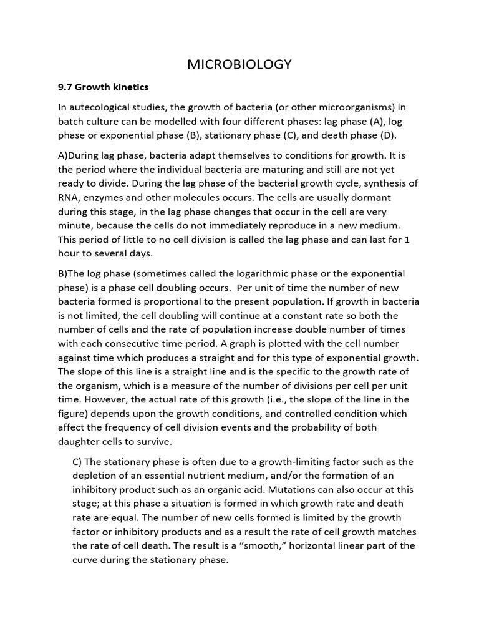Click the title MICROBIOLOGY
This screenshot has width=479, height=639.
(x=240, y=64)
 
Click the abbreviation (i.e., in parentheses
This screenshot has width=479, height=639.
(x=276, y=399)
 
